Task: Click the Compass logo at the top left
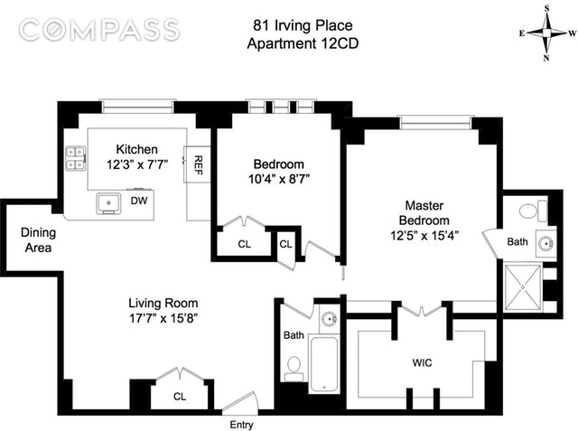tap(99, 30)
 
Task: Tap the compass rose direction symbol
tap(547, 33)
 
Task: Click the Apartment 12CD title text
tap(303, 43)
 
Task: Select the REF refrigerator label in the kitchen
tap(199, 164)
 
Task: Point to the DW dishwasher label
tap(139, 201)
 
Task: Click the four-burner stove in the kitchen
tap(76, 158)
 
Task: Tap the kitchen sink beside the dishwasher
tap(108, 203)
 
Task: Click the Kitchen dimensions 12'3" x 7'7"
tap(137, 164)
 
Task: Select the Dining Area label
tap(38, 240)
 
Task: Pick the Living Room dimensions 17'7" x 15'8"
tap(163, 318)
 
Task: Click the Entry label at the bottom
tap(241, 425)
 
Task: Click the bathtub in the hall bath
tap(324, 364)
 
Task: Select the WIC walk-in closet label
tap(422, 363)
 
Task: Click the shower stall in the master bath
tap(523, 286)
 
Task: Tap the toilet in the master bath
tap(533, 211)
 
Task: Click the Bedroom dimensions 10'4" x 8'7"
tap(279, 179)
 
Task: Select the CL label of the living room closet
tap(180, 397)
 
